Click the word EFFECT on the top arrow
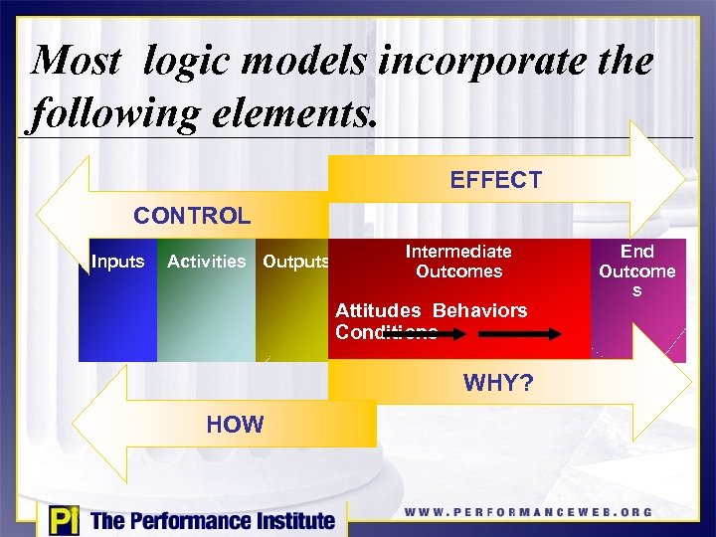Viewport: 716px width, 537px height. coord(495,180)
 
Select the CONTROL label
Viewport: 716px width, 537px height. coord(192,216)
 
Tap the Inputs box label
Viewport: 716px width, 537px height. coord(117,262)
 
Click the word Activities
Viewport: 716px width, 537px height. coord(206,262)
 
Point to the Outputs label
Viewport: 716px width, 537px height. coord(294,263)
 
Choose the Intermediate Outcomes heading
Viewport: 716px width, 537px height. coord(458,262)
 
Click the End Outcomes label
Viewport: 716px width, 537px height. coord(636,270)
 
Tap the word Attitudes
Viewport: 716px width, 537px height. coord(378,310)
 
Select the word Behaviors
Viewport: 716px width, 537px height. coord(479,310)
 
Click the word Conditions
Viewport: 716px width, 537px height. coord(386,332)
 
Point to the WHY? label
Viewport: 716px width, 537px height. coord(498,383)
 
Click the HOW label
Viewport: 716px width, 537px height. coord(235,425)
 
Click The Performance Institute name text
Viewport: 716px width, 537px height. coord(212,520)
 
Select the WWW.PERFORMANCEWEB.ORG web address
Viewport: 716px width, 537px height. coord(528,513)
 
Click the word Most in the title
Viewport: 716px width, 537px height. coord(78,62)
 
